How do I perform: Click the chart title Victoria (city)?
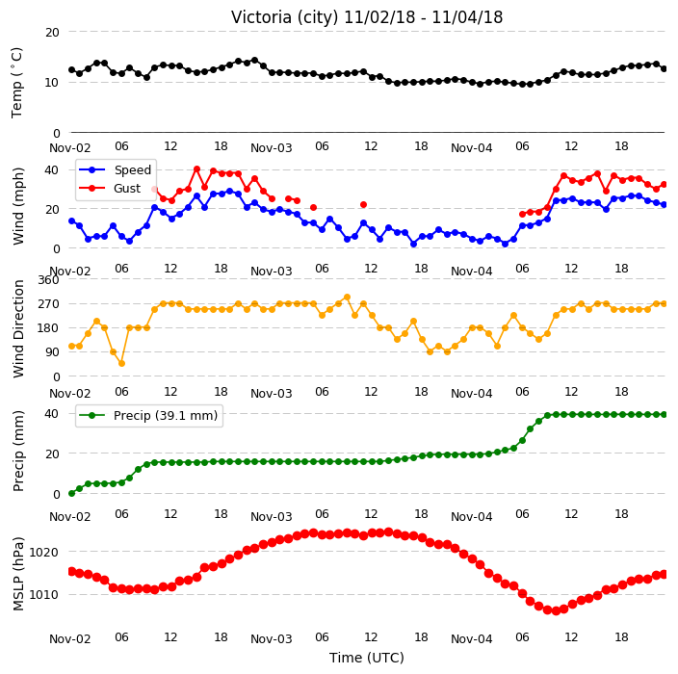285,17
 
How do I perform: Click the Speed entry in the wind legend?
132,169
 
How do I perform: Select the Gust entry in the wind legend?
127,188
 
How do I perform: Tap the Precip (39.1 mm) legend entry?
166,415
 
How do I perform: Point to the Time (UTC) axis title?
367,658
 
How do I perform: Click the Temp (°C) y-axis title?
17,83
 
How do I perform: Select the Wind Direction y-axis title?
18,328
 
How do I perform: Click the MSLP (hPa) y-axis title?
18,573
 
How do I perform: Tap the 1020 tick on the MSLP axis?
43,552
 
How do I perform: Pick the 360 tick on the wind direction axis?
48,280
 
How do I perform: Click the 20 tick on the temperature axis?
52,33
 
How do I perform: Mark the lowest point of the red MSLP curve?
556,610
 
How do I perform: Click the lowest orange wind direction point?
122,364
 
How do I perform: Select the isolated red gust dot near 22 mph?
364,204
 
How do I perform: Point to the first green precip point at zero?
72,493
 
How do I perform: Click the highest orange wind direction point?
347,297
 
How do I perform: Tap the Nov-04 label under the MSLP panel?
471,639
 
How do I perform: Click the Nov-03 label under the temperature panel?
272,148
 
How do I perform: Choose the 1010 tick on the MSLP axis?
43,595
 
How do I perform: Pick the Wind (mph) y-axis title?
18,206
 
